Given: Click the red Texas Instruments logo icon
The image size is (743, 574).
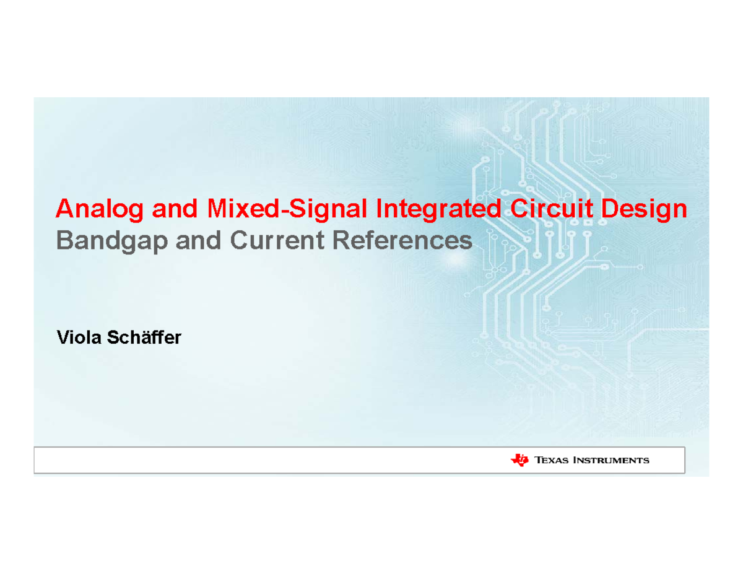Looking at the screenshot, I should (519, 459).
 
